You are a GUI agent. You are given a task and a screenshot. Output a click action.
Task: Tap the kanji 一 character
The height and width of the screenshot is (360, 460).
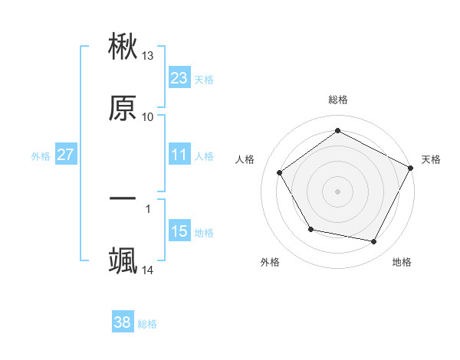pos(123,199)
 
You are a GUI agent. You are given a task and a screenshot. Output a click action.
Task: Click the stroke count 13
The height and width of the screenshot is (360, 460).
pos(148,56)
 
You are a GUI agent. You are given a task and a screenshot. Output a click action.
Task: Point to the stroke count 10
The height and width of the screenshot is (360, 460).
pos(148,116)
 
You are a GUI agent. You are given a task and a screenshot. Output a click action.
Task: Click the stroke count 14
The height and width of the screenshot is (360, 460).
pos(148,270)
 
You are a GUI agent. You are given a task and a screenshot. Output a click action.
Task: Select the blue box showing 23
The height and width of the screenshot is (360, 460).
pos(179,78)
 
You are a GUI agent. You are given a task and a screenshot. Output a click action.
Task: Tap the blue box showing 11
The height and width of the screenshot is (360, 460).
pos(179,155)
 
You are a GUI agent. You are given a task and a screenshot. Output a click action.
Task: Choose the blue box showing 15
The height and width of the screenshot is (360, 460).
pos(179,231)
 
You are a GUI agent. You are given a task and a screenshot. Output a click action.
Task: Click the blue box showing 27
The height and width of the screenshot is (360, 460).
pos(65,155)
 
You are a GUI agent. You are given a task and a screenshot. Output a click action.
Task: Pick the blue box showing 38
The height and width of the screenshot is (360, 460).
pos(122,322)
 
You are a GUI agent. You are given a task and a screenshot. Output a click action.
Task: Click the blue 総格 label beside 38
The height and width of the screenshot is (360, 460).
pos(147,324)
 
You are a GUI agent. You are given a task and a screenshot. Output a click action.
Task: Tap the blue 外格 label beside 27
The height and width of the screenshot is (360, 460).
pos(41,156)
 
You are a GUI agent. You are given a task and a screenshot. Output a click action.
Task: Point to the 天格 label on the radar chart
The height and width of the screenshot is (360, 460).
pos(431,159)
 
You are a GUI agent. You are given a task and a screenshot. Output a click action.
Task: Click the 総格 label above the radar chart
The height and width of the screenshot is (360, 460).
pos(338,100)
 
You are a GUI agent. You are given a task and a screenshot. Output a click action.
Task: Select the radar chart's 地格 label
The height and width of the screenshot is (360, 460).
pos(402,263)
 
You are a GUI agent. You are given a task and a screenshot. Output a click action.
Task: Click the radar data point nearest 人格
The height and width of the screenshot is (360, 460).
pos(280,173)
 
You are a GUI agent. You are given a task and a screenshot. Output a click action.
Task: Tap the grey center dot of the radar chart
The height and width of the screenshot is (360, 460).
pos(338,191)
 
